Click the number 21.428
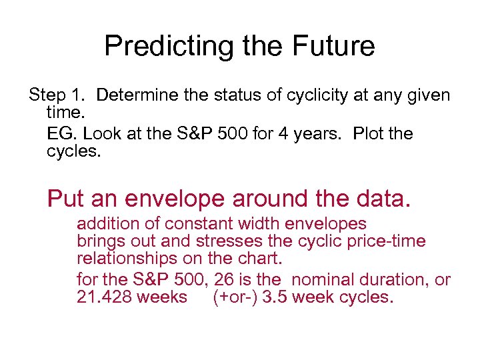tap(105, 297)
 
